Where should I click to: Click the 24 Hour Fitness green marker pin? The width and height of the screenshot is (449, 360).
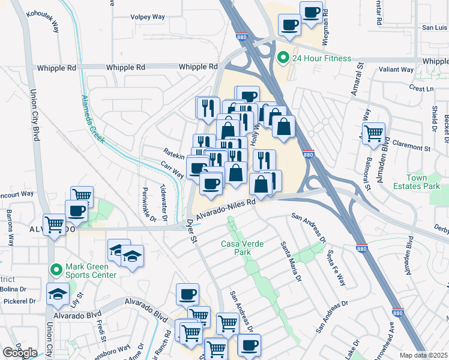[283, 58]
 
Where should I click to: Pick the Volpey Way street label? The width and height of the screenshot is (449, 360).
[148, 17]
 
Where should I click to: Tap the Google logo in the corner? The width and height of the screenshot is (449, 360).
[20, 353]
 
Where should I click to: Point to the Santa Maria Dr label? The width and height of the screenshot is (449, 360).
[291, 261]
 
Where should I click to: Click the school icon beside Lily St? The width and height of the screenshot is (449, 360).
[57, 294]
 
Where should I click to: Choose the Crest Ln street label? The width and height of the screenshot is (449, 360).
[421, 88]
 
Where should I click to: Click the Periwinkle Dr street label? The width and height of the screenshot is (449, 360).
[145, 205]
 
